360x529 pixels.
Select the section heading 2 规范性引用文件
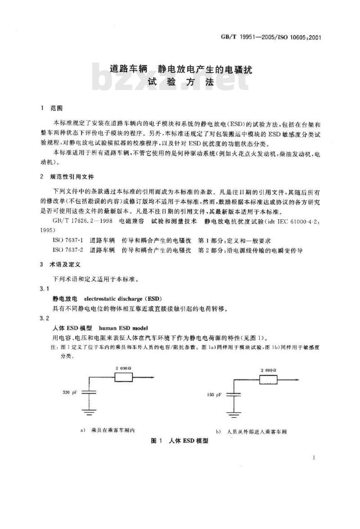(x=67, y=176)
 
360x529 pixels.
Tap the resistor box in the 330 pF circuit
(x=124, y=378)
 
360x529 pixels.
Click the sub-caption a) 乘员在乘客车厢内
(x=108, y=430)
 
